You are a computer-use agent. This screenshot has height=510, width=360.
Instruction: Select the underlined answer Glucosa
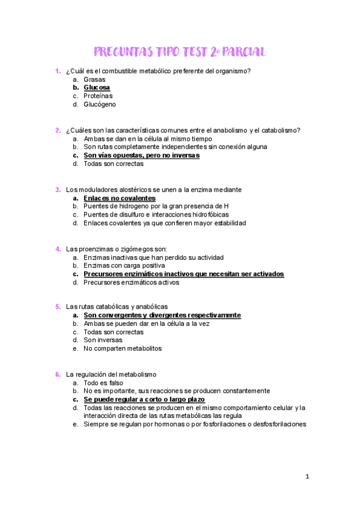pos(97,88)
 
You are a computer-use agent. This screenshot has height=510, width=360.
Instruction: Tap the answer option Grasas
pos(94,79)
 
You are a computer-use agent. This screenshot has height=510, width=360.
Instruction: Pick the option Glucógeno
pos(100,105)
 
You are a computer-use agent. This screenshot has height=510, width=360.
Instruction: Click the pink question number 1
pos(57,71)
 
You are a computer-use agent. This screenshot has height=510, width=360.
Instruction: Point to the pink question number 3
pos(57,189)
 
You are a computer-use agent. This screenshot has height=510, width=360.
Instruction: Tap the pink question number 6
pos(57,374)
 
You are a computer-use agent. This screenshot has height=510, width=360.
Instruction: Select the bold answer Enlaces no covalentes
pos(120,198)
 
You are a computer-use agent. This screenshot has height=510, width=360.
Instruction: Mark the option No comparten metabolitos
pos(123,348)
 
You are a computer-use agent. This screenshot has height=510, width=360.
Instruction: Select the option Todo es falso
pos(103,382)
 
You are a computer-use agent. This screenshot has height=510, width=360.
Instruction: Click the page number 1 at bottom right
pos(307,477)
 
